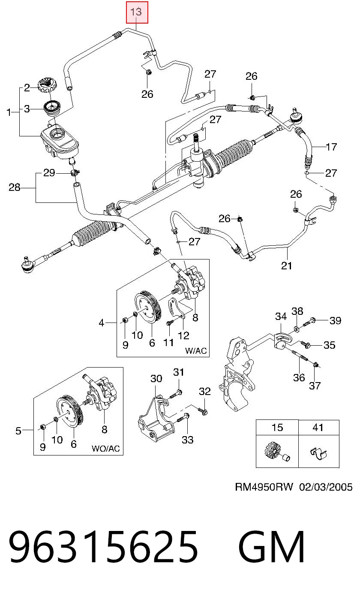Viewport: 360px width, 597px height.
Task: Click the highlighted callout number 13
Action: (136, 12)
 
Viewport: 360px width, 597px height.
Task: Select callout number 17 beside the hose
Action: (331, 147)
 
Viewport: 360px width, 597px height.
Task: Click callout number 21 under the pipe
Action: (287, 266)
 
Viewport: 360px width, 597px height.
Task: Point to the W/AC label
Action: (196, 350)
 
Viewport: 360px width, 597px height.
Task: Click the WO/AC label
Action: (106, 448)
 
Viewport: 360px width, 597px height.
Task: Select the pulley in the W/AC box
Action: (147, 307)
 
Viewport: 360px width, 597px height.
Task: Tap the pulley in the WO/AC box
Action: (70, 412)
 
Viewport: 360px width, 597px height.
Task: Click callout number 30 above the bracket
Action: (156, 378)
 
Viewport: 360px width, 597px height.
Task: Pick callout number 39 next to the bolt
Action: (335, 320)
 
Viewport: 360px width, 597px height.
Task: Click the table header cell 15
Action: (277, 428)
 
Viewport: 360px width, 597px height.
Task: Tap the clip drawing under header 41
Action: (318, 452)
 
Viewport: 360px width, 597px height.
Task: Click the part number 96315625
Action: (103, 547)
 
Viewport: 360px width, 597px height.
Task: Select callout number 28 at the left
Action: (15, 187)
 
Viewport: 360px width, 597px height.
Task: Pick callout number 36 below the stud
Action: (299, 377)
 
